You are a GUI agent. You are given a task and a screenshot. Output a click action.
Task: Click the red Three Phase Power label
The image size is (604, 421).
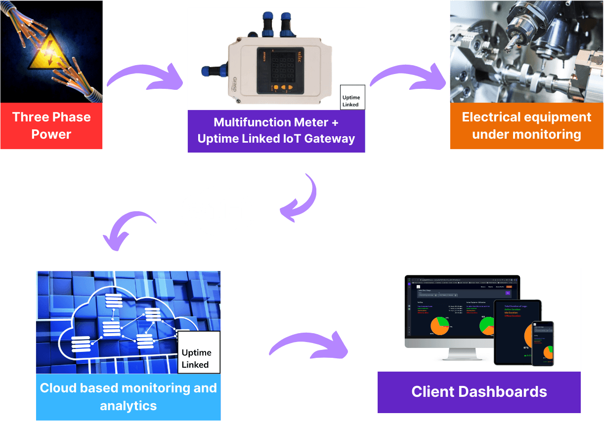coord(51,126)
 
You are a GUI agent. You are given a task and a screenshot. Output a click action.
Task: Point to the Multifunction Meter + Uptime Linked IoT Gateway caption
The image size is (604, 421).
coord(276,131)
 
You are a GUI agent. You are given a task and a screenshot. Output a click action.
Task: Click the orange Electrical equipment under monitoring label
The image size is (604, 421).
coord(526,126)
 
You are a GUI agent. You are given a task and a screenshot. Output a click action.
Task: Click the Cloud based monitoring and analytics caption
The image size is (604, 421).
coord(128,397)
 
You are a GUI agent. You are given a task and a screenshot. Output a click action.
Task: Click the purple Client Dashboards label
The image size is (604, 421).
coord(479,392)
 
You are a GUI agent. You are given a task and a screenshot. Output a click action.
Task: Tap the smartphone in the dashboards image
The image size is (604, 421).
coord(542,344)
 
